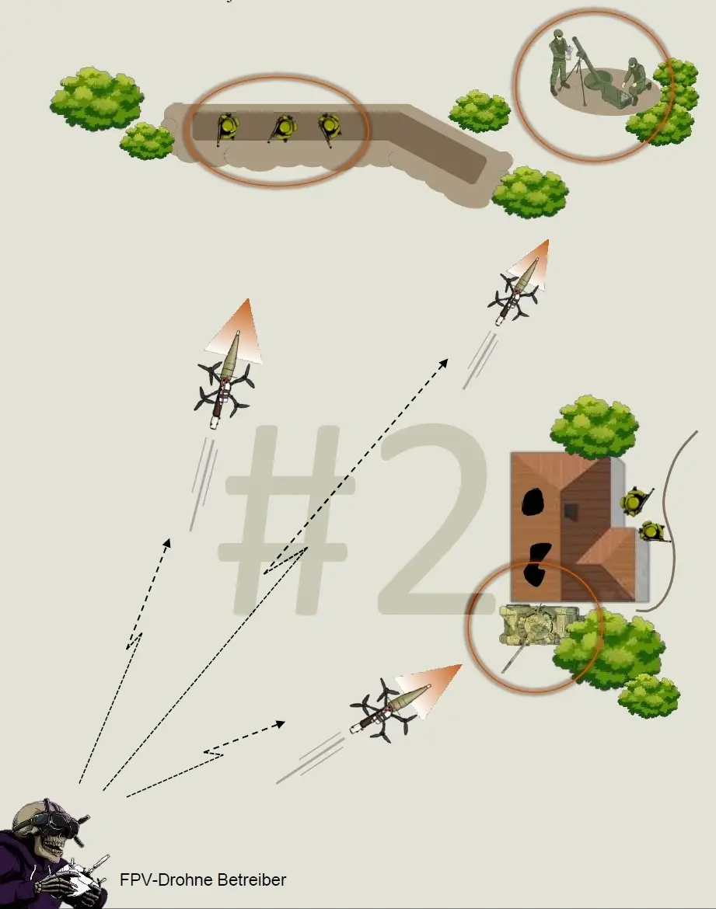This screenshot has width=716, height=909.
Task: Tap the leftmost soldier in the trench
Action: pyautogui.click(x=228, y=127)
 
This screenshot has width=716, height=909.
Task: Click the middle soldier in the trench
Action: pyautogui.click(x=283, y=127)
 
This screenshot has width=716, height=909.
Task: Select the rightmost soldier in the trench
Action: pyautogui.click(x=328, y=127)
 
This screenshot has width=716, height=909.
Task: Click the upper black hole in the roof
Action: pyautogui.click(x=532, y=501)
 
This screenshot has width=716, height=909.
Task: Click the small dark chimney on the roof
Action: pyautogui.click(x=571, y=510)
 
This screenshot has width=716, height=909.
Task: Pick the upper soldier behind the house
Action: pyautogui.click(x=634, y=500)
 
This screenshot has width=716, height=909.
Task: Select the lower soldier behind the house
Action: pyautogui.click(x=653, y=531)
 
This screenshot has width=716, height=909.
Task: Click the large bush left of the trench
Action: pyautogui.click(x=97, y=99)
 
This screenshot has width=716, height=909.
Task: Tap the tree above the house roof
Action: pyautogui.click(x=594, y=426)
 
